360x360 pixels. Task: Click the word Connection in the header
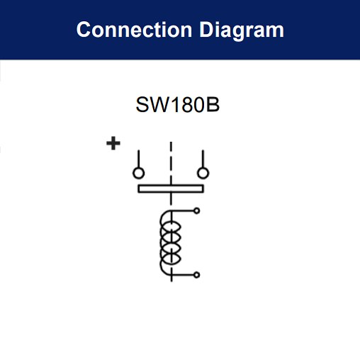pos(134,30)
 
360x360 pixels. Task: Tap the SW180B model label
pos(178,104)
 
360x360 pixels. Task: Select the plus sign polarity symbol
pos(113,143)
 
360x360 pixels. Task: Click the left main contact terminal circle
pos(139,173)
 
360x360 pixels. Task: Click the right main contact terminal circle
pos(203,173)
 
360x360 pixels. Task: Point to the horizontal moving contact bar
pos(171,189)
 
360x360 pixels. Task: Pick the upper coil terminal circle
pos(196,210)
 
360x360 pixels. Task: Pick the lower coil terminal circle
pos(196,275)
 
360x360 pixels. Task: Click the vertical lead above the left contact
pos(139,159)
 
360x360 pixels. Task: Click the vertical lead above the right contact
pos(203,159)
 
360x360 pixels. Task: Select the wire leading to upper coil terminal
pos(182,210)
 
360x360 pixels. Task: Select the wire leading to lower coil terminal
pos(182,275)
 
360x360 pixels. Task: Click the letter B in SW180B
pos(213,104)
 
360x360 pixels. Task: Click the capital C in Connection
pos(84,30)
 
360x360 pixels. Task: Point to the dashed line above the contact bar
pos(171,163)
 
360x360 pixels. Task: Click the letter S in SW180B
pos(142,104)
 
